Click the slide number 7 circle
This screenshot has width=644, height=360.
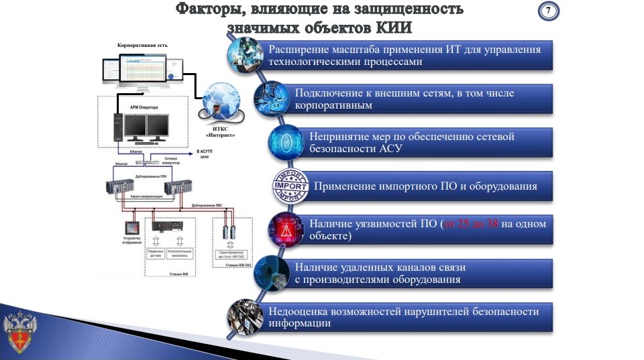(x=549, y=12)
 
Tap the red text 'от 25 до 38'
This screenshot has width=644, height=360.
(x=470, y=223)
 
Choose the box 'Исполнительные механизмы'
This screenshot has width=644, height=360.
(x=179, y=253)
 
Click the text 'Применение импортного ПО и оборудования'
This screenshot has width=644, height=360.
(x=425, y=186)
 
